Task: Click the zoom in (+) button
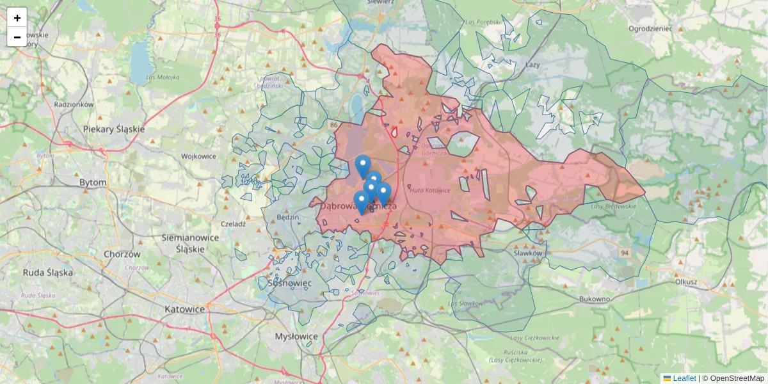click(x=17, y=18)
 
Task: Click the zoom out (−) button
click(x=17, y=37)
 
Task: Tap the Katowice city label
click(x=184, y=309)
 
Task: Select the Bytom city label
click(x=93, y=182)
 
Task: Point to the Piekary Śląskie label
click(x=114, y=129)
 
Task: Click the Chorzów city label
click(x=122, y=254)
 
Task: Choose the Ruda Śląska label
click(x=48, y=272)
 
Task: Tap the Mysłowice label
click(x=296, y=336)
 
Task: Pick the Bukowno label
click(x=595, y=299)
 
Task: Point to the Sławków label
click(x=528, y=253)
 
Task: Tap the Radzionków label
click(x=74, y=104)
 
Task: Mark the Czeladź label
click(x=233, y=224)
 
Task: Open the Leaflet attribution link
click(x=684, y=378)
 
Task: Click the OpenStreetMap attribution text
click(x=737, y=378)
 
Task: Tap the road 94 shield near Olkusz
click(x=623, y=253)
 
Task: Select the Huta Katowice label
click(x=430, y=190)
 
